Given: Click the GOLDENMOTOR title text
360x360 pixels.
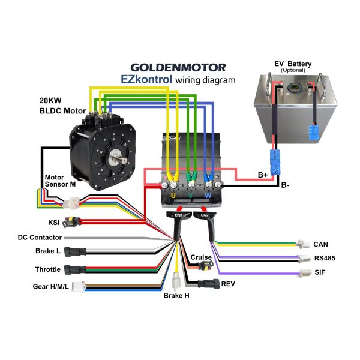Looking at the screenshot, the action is pos(178,68).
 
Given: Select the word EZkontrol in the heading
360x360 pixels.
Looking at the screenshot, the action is pos(146,79).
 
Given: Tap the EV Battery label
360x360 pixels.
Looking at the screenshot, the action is pos(293,64).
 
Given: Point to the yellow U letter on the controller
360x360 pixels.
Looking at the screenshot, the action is pos(173,196).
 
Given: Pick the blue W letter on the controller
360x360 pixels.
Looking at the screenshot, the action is pos(208,196).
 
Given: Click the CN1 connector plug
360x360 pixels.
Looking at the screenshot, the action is pos(179,215).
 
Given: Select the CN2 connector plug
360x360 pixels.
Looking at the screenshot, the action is pos(205,215).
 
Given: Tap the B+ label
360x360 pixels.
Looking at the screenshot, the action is pos(263,175).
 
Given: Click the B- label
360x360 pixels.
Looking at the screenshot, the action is pos(285,185).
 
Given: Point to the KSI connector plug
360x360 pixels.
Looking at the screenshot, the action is pos(71,222).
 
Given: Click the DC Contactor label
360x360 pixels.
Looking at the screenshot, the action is pos(40,238).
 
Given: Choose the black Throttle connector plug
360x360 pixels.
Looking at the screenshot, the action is pos(75,270).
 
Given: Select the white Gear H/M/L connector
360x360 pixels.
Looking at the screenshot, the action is pos(78,287).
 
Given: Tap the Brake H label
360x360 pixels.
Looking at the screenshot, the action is pos(176,295).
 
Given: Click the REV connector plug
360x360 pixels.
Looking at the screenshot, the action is pos(208,284).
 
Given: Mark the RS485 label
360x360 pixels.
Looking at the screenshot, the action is pos(325,258).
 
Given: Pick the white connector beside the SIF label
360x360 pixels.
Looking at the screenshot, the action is pos(305,273).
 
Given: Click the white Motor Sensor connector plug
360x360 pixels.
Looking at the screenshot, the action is pos(71,203).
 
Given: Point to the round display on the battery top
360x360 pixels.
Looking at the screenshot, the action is pos(293,88).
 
